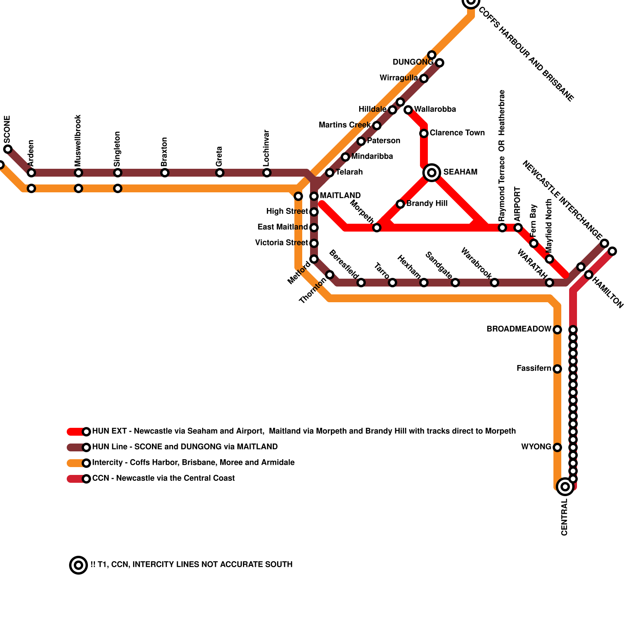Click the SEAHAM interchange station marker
click(x=432, y=172)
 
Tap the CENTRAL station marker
click(x=565, y=487)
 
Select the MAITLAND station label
click(x=340, y=195)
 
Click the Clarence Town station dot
click(x=424, y=133)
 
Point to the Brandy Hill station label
click(x=427, y=203)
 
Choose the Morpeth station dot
click(x=377, y=228)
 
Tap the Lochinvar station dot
click(x=267, y=173)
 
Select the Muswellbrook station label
click(x=78, y=140)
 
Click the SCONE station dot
click(x=8, y=149)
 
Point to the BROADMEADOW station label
click(x=519, y=329)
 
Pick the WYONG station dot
click(x=557, y=447)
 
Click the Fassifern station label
click(x=534, y=368)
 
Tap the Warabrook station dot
click(x=495, y=283)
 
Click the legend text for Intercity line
click(x=193, y=462)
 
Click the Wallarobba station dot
click(x=408, y=110)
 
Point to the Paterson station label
click(x=383, y=141)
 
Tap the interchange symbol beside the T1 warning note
click(x=78, y=565)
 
